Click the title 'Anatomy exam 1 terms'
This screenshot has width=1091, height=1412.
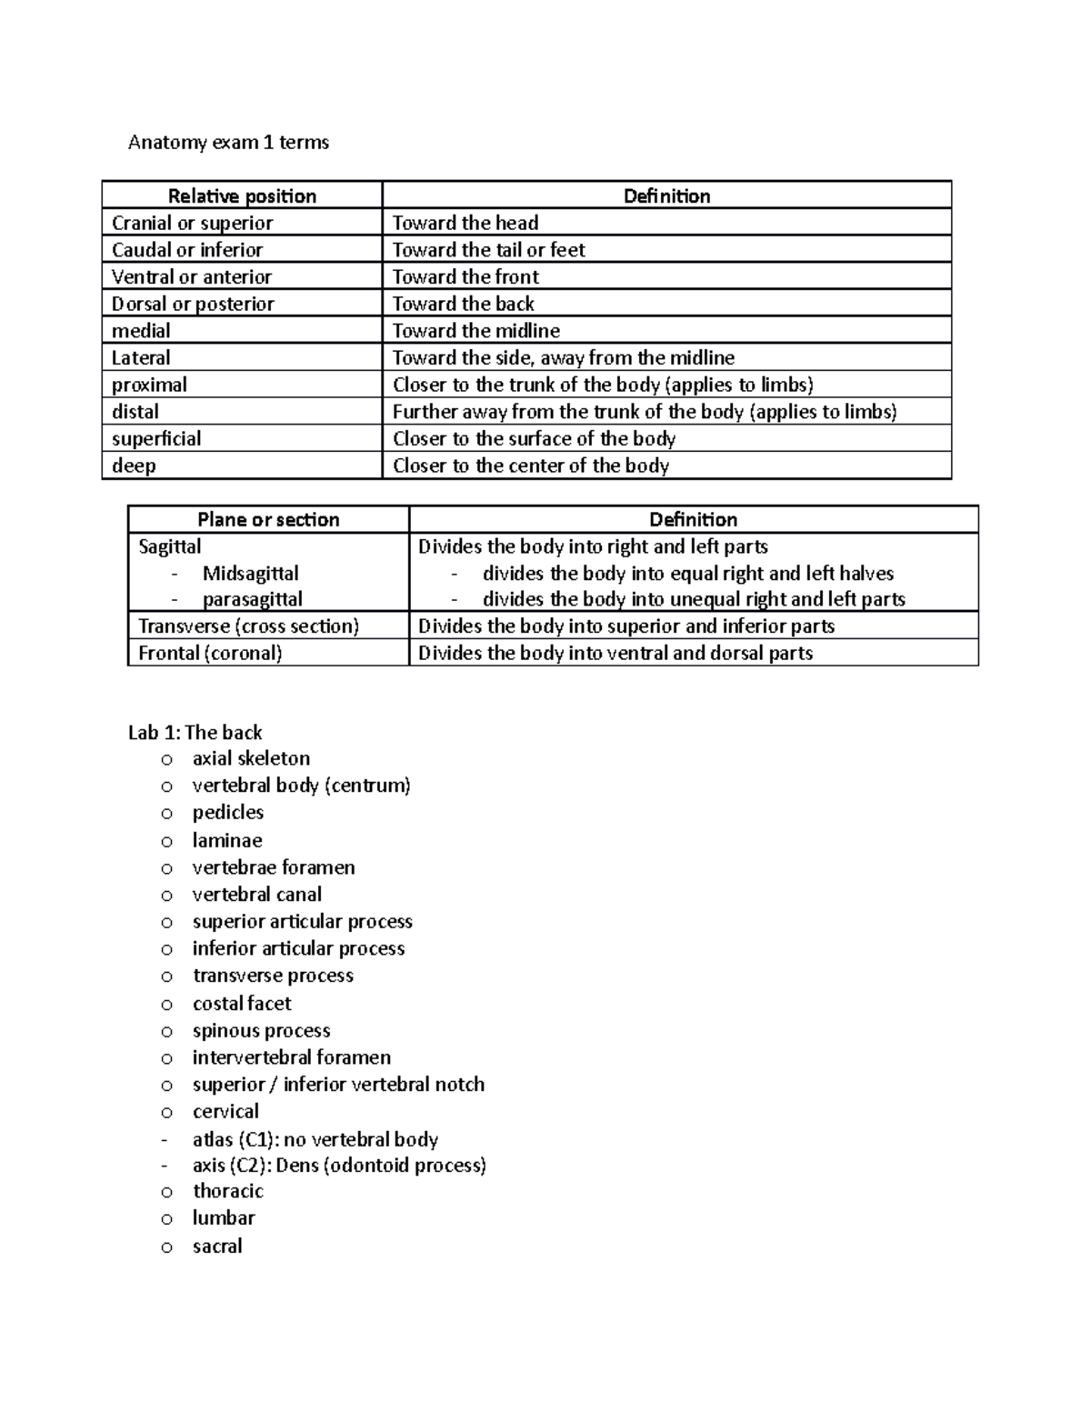228,142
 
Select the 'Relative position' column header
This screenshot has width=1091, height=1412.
242,195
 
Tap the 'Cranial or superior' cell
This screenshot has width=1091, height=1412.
192,223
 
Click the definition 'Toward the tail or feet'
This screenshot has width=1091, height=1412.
488,249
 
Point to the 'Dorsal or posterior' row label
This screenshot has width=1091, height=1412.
193,304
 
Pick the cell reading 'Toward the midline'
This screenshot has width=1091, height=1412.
475,330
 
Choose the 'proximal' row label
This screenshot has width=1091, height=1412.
149,385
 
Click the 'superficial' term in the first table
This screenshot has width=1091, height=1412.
156,438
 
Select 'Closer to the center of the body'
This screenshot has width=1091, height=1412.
530,466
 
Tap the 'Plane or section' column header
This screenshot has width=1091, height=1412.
268,519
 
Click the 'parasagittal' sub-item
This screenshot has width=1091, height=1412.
252,599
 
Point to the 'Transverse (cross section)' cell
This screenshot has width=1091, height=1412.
248,626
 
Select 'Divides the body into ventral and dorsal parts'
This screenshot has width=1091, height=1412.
615,653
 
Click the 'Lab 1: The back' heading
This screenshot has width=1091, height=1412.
195,732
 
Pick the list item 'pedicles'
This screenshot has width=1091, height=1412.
227,812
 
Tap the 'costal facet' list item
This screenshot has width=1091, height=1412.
242,1003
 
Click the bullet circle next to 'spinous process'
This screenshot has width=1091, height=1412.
166,1031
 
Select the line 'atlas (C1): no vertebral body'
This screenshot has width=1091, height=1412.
315,1139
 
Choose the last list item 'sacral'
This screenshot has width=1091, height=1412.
217,1246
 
